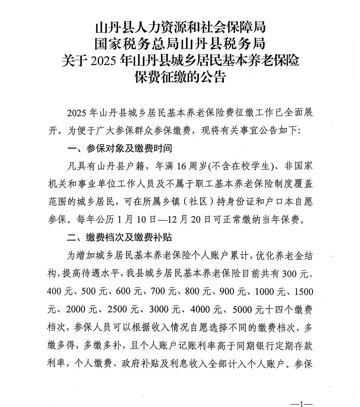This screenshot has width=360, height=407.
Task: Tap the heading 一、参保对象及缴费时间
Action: [x=119, y=148]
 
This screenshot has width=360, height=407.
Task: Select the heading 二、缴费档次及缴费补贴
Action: [x=119, y=237]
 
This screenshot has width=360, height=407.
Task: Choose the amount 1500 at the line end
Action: [x=304, y=291]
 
